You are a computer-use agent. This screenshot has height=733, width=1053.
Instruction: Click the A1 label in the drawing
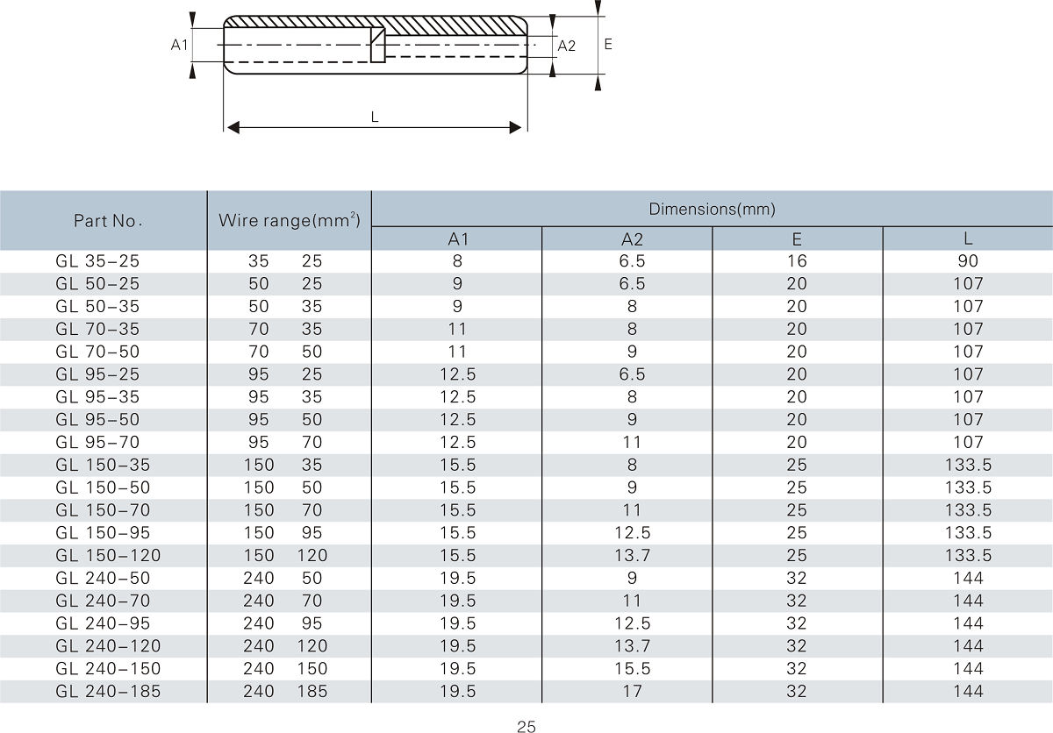pyautogui.click(x=179, y=45)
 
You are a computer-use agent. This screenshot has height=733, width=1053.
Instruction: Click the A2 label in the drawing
pyautogui.click(x=566, y=46)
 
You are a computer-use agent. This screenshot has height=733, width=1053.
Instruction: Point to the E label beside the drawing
pyautogui.click(x=608, y=43)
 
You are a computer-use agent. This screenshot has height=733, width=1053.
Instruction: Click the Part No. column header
pyautogui.click(x=108, y=221)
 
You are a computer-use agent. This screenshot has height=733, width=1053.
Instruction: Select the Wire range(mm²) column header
pyautogui.click(x=290, y=219)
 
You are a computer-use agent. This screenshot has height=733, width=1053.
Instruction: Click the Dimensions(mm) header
pyautogui.click(x=712, y=209)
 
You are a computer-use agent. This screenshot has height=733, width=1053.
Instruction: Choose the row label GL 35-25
pyautogui.click(x=97, y=261)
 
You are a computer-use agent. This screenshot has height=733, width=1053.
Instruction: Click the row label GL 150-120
pyautogui.click(x=108, y=556)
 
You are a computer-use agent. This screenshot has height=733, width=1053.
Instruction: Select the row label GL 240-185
pyautogui.click(x=108, y=692)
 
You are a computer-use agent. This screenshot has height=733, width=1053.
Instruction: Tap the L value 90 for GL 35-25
pyautogui.click(x=968, y=261)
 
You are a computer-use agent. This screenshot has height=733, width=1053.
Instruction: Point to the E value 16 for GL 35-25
pyautogui.click(x=797, y=261)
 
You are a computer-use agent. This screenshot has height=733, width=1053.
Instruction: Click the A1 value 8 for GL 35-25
pyautogui.click(x=457, y=261)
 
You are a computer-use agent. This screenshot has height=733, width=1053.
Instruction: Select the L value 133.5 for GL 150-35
pyautogui.click(x=968, y=465)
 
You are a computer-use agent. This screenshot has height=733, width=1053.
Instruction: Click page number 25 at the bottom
pyautogui.click(x=526, y=726)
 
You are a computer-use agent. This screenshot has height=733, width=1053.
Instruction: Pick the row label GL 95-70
pyautogui.click(x=97, y=443)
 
